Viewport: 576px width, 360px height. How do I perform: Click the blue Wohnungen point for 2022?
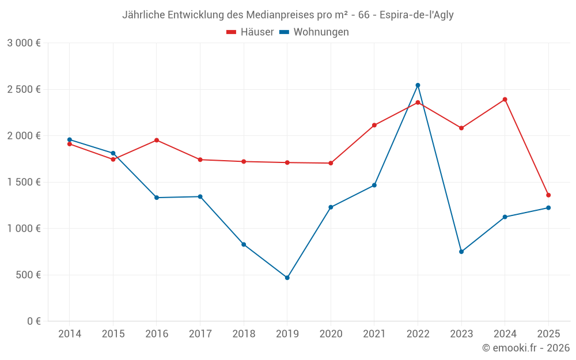418,85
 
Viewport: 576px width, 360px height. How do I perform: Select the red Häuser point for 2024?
505,100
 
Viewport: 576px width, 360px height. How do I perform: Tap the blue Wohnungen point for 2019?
287,278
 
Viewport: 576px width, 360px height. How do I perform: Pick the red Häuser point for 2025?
548,195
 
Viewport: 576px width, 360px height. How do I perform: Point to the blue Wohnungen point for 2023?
461,252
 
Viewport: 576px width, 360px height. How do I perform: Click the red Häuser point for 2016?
157,140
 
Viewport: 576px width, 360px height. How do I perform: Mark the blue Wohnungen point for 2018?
244,244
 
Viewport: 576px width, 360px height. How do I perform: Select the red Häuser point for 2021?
374,125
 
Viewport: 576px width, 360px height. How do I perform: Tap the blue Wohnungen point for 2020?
331,207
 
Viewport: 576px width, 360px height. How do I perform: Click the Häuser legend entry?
250,32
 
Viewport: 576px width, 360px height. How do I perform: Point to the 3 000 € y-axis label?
24,43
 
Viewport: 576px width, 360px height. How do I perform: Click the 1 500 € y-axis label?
24,182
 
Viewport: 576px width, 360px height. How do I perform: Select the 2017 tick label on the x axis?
200,334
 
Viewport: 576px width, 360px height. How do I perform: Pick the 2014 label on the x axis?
70,334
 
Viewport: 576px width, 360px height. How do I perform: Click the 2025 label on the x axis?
548,334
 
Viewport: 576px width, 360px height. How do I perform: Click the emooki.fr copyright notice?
525,348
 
